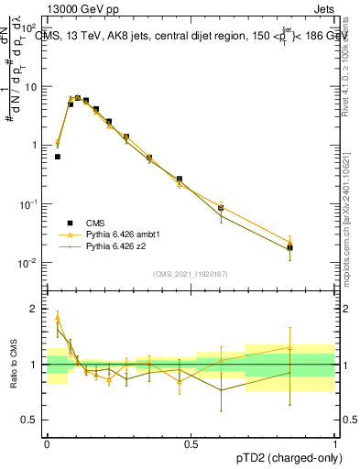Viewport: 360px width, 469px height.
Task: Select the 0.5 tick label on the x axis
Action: point(191,443)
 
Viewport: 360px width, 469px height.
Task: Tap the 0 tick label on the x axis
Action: point(47,443)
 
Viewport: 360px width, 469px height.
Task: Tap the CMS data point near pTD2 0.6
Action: point(221,208)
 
